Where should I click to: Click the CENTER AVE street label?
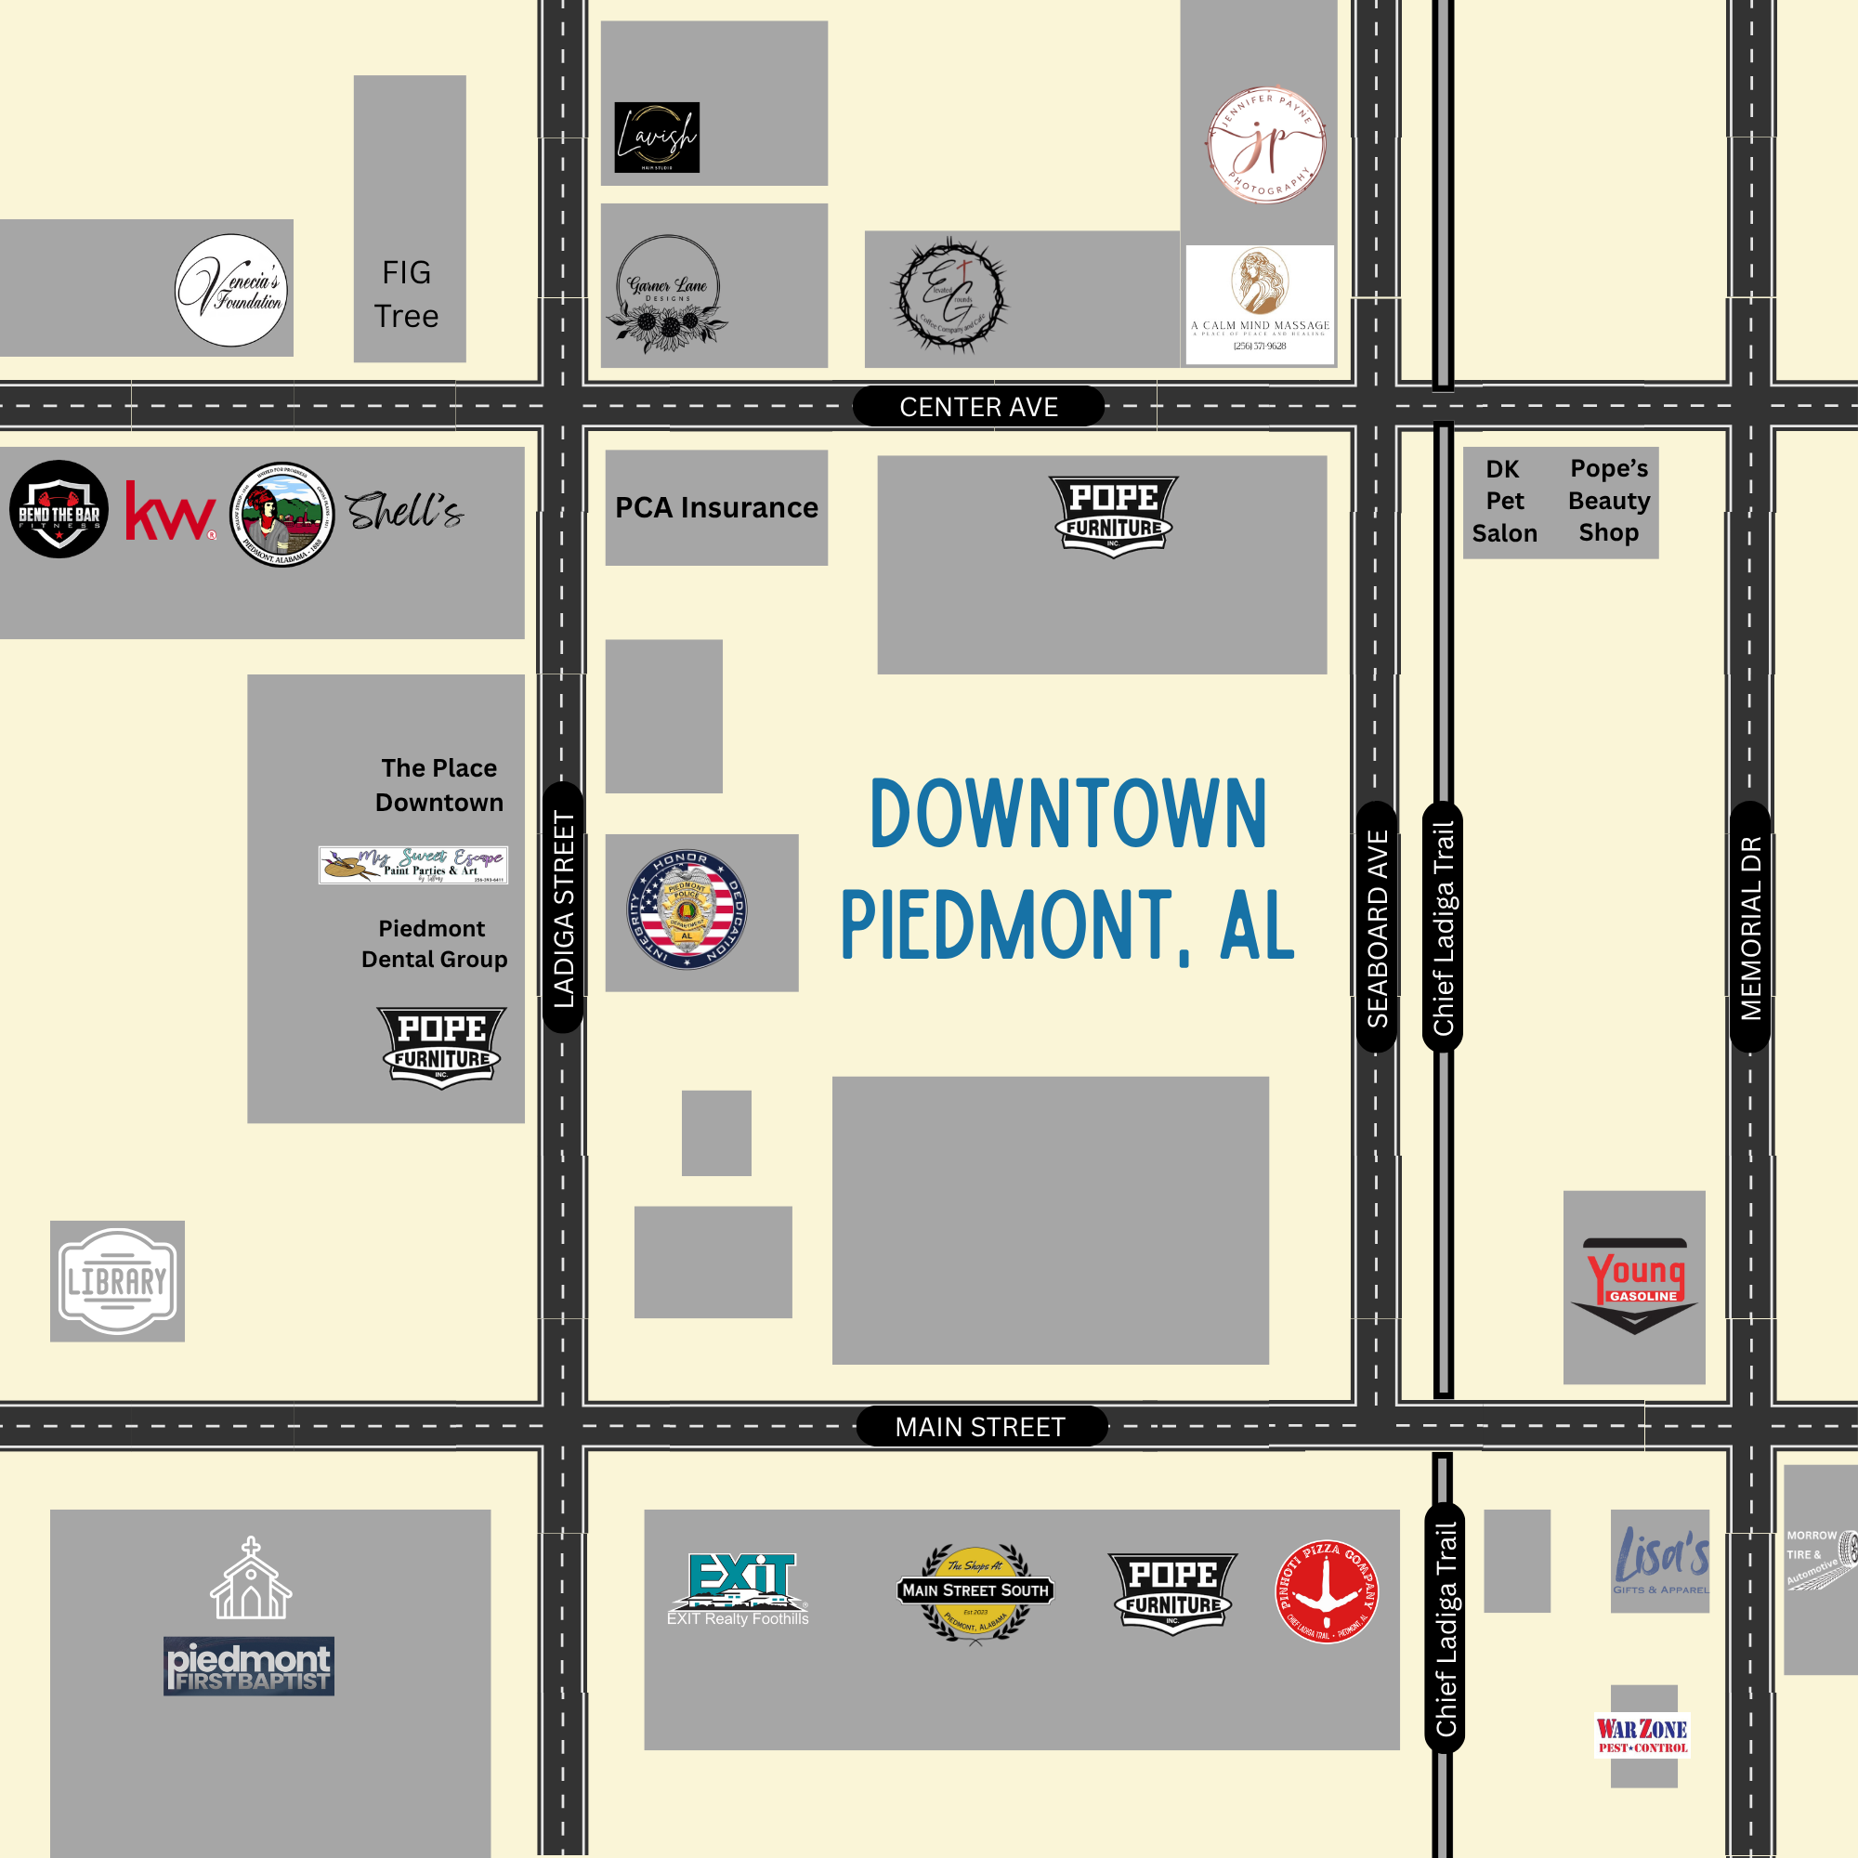coord(978,407)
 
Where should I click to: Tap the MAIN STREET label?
coord(981,1426)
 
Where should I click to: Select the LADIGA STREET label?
coord(564,908)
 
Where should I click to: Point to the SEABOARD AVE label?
coord(1377,927)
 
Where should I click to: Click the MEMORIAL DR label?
coord(1750,927)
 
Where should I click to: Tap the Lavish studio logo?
coord(657,137)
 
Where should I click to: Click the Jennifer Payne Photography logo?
coord(1265,145)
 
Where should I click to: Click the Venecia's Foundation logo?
coord(231,291)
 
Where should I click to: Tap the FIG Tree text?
coord(407,294)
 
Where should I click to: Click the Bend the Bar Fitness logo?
coord(59,509)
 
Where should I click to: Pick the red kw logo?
coord(170,511)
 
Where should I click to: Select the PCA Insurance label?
coord(716,507)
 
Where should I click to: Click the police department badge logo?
coord(687,909)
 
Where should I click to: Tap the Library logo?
coord(117,1281)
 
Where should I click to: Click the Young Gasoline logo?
coord(1634,1285)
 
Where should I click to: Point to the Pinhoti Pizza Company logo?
coord(1328,1591)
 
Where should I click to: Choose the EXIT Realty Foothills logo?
coord(739,1589)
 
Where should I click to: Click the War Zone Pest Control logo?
coord(1643,1734)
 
